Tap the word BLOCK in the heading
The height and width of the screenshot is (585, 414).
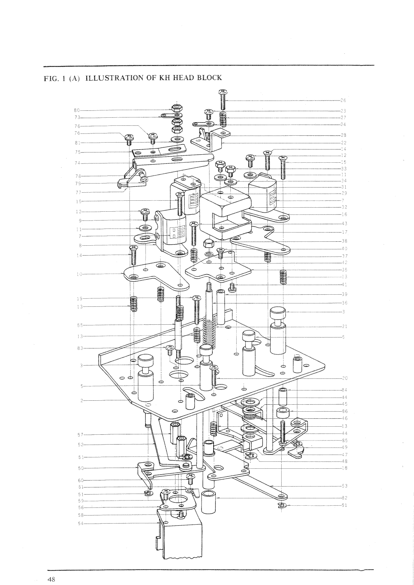tap(208, 78)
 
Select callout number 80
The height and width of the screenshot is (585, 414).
tap(76, 110)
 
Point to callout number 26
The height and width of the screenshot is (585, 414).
tap(343, 100)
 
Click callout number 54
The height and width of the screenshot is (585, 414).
tap(80, 524)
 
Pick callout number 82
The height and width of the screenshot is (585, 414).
tap(344, 498)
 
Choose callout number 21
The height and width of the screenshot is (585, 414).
tap(344, 326)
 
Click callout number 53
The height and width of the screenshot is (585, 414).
tap(344, 486)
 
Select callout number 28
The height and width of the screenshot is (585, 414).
tap(343, 135)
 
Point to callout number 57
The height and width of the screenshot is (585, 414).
tap(80, 435)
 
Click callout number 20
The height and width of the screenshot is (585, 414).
tap(344, 378)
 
